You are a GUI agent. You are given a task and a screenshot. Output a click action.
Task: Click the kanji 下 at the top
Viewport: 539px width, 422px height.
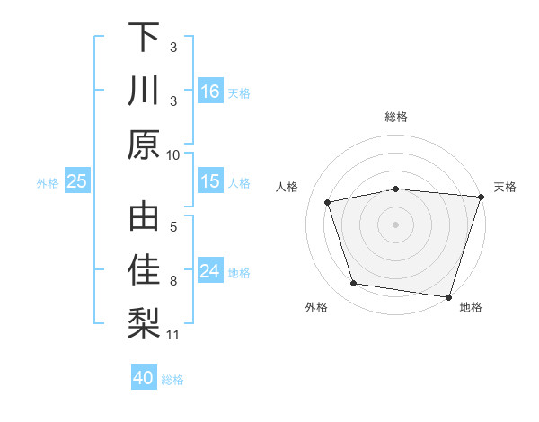(x=145, y=39)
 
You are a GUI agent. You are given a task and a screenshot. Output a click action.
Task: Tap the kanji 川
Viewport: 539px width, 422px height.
(x=145, y=91)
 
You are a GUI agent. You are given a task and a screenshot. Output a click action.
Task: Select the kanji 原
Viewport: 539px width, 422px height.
(x=145, y=144)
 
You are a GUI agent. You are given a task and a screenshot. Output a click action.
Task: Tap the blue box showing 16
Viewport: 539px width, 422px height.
(x=210, y=92)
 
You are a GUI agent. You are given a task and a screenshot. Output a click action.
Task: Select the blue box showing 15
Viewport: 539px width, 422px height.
(x=210, y=182)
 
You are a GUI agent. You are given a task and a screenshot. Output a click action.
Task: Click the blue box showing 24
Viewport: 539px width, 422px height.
(x=210, y=272)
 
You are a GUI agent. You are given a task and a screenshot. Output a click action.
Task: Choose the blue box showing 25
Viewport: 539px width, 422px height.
(x=77, y=182)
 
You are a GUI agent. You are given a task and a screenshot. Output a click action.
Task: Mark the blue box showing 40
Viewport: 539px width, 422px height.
(x=144, y=378)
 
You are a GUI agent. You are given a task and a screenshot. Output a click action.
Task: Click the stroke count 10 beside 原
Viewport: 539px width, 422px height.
(x=173, y=154)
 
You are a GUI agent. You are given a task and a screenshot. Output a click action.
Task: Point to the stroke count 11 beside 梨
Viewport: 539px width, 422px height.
(x=173, y=335)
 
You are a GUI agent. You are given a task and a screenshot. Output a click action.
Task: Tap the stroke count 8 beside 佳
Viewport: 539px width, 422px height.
(x=173, y=281)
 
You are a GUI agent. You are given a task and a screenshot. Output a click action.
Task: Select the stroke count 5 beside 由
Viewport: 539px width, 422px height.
(x=173, y=228)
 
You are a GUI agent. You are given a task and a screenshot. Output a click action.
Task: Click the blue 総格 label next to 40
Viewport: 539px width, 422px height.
(x=172, y=380)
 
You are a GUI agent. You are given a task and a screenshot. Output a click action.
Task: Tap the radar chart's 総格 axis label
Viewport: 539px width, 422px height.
(x=395, y=117)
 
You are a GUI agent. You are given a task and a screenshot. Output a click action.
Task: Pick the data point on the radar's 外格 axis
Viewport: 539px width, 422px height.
(x=354, y=284)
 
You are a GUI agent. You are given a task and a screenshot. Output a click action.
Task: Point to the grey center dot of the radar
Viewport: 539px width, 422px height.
(x=395, y=224)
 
